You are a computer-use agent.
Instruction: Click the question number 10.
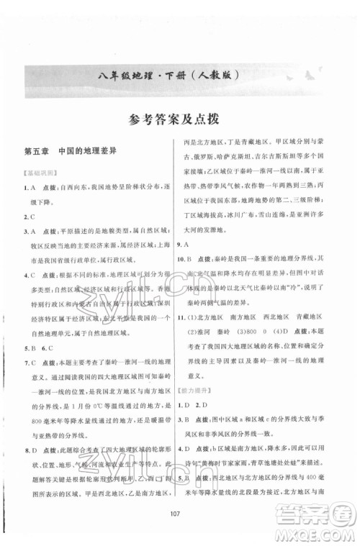tap(191, 277)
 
